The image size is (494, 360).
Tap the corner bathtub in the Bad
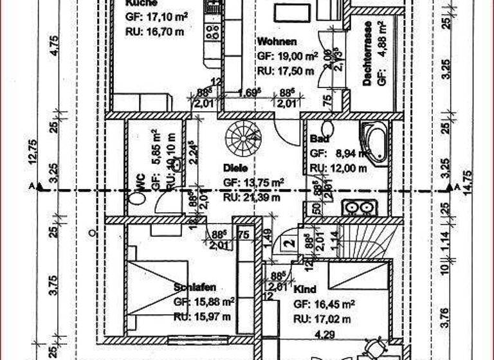pos(374,142)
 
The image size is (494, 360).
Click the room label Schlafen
pos(195,287)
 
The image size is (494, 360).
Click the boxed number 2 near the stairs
pos(290,243)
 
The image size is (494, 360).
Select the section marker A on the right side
pos(455,187)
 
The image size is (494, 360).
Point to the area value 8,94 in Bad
pos(347,154)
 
